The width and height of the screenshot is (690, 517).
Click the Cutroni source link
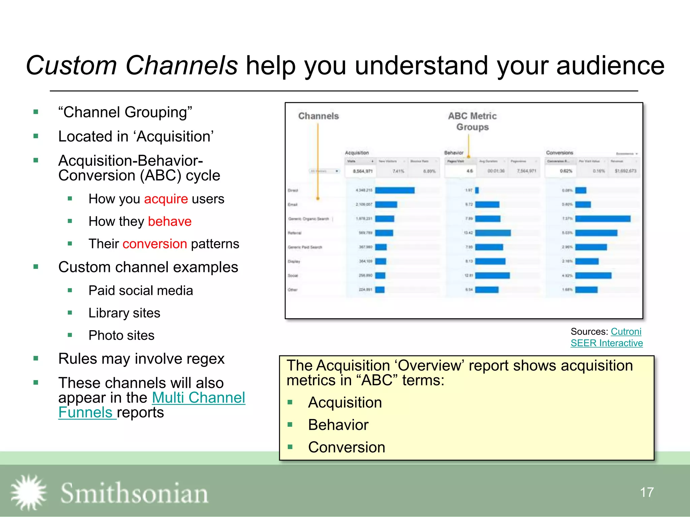(626, 332)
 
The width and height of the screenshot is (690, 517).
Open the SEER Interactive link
(606, 343)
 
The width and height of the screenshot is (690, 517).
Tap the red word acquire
(166, 199)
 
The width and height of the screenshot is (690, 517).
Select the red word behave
(169, 221)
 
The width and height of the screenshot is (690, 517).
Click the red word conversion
(155, 244)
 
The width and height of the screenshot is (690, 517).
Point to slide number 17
(647, 492)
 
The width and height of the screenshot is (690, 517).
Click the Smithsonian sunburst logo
(29, 492)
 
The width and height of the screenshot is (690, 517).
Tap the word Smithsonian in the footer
(134, 493)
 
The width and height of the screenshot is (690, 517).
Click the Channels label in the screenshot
(318, 116)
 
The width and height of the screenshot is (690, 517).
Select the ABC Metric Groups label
(472, 122)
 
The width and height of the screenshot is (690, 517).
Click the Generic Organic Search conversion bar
(603, 219)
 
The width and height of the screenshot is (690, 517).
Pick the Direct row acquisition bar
(395, 191)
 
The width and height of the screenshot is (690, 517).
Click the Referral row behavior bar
(493, 233)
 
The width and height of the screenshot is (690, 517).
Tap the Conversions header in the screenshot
(559, 153)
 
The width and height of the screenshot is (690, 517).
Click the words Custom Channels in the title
(132, 65)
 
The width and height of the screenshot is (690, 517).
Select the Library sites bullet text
(124, 313)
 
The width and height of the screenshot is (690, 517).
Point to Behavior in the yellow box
(338, 425)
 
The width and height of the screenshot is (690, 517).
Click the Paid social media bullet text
(140, 290)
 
